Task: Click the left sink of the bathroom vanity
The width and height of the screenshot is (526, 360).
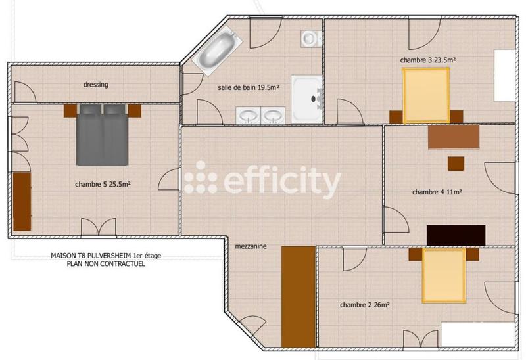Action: pyautogui.click(x=249, y=116)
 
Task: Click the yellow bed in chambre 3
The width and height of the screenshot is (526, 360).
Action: pyautogui.click(x=425, y=96)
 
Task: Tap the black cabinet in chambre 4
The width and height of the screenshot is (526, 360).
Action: pyautogui.click(x=456, y=235)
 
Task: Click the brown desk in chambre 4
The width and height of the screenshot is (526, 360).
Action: pyautogui.click(x=454, y=136)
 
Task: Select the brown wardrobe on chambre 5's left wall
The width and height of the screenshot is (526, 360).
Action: pyautogui.click(x=22, y=201)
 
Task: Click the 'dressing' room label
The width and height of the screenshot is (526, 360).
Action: pyautogui.click(x=95, y=85)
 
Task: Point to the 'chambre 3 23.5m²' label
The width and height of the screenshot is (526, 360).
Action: pyautogui.click(x=428, y=60)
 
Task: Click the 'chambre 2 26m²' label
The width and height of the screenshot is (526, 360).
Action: pyautogui.click(x=364, y=305)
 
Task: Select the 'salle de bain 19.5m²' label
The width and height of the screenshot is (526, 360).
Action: pyautogui.click(x=249, y=87)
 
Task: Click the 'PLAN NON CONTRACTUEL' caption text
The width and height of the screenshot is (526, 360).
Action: pyautogui.click(x=105, y=264)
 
